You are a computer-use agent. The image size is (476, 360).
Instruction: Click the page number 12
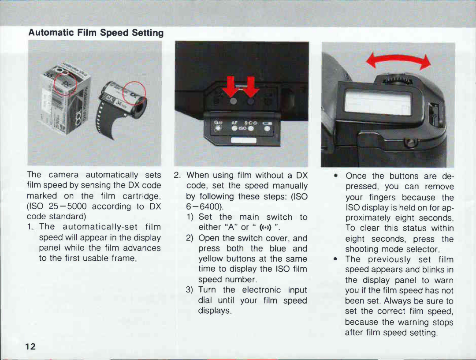click(30, 347)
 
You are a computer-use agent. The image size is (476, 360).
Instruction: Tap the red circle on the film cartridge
click(134, 93)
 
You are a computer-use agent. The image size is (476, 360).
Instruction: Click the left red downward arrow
click(232, 87)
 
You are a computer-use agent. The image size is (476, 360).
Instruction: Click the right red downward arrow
click(251, 87)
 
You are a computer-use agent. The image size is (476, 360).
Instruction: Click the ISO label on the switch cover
click(242, 128)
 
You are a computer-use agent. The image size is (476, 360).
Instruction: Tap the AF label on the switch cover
click(234, 123)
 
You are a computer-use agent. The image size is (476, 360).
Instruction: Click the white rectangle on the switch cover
click(243, 140)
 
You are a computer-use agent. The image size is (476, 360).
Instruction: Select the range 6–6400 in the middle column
click(204, 207)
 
